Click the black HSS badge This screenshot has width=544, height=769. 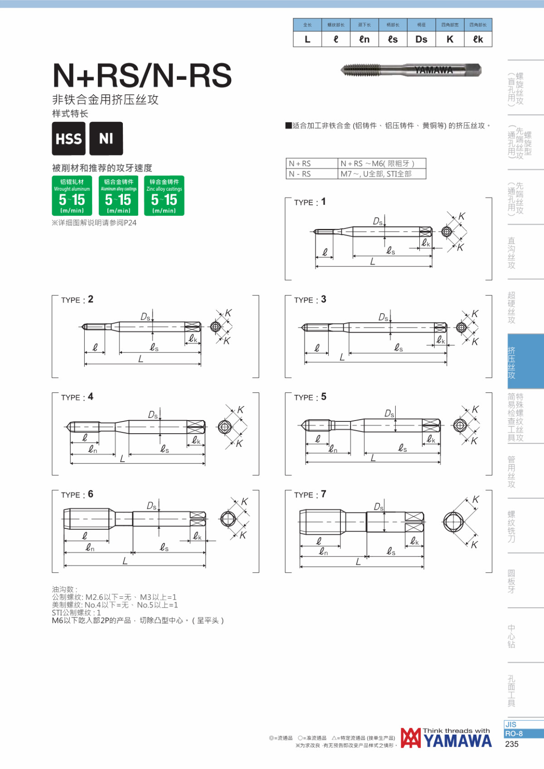[x=69, y=138]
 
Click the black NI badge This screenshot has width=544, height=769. [x=106, y=138]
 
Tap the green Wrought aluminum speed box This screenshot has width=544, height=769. [x=72, y=196]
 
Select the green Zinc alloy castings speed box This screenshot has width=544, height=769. [x=164, y=196]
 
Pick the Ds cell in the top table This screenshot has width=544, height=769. [x=422, y=39]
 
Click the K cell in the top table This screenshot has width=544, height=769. [x=450, y=39]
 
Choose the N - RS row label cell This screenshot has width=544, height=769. [x=312, y=174]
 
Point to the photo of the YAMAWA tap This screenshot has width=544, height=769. [x=411, y=70]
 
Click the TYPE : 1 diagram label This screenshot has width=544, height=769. [x=310, y=202]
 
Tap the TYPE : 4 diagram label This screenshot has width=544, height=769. [x=77, y=397]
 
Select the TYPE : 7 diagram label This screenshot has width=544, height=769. [x=310, y=495]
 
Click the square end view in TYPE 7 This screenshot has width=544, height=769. [x=453, y=522]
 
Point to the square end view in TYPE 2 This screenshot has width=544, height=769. [x=215, y=326]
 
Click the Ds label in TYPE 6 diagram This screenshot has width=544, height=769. [x=151, y=506]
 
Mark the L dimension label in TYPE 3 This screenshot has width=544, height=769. [x=342, y=358]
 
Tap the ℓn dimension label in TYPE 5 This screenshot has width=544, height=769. [x=333, y=448]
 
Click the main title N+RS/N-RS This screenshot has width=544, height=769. [x=142, y=76]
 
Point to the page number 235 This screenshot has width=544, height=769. [x=512, y=744]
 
